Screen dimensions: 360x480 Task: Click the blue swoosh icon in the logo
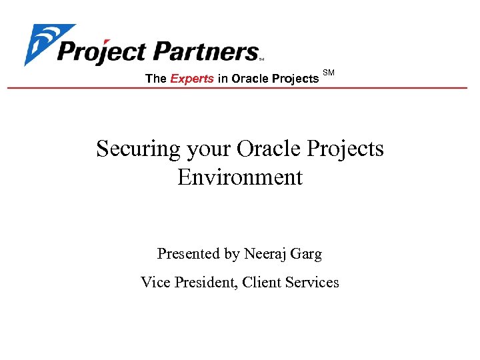(41, 44)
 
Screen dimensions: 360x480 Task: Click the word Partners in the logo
(206, 51)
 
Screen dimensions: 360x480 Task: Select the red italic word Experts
(192, 79)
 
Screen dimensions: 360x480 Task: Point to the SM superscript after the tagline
(329, 72)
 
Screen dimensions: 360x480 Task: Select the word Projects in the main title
(347, 149)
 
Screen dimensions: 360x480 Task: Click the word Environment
(240, 177)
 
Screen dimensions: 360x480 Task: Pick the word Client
(262, 283)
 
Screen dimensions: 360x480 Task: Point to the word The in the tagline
(155, 79)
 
